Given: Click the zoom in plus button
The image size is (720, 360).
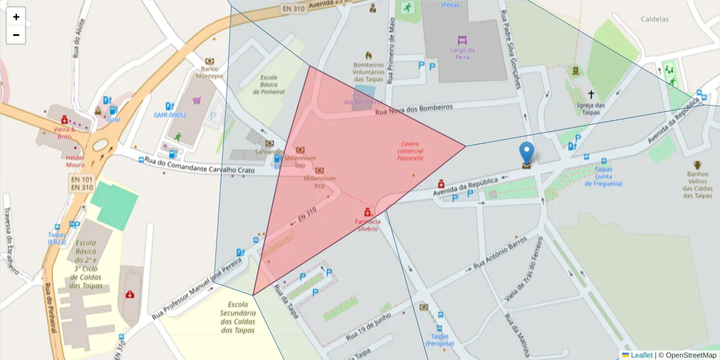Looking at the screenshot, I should [x=16, y=17].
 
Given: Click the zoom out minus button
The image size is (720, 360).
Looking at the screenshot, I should [x=16, y=35].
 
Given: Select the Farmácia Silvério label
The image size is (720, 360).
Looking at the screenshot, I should [x=367, y=225].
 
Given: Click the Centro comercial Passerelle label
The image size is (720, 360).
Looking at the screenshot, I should [x=410, y=151].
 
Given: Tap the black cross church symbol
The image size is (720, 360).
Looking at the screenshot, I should [x=591, y=94].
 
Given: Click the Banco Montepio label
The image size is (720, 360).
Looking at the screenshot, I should [x=209, y=72].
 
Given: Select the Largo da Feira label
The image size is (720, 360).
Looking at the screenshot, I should [x=462, y=53].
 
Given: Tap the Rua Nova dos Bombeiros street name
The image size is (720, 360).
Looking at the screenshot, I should [x=413, y=109].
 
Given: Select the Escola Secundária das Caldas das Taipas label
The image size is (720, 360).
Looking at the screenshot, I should [x=238, y=317].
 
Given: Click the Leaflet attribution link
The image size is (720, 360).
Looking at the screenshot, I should [x=641, y=355].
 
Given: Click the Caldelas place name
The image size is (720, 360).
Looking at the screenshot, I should [x=655, y=19].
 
